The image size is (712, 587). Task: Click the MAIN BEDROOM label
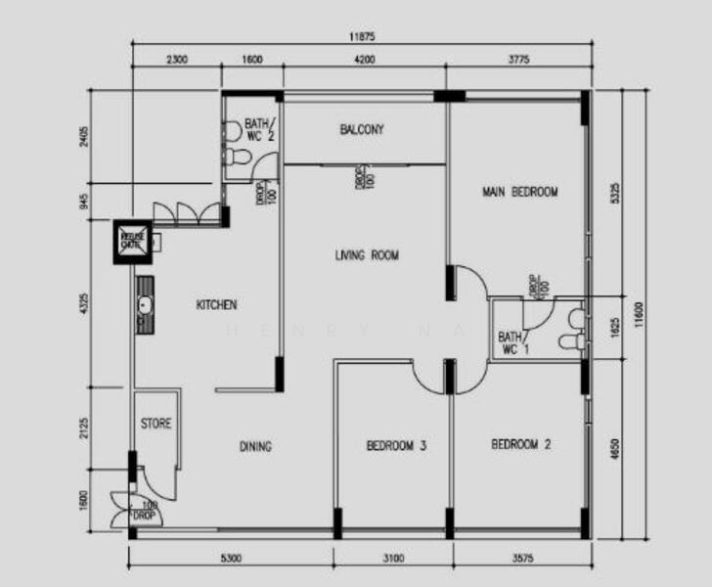[519, 192]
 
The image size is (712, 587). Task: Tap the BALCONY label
[361, 129]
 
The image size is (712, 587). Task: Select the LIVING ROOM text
[367, 255]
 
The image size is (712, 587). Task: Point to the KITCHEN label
[216, 304]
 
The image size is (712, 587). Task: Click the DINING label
[255, 446]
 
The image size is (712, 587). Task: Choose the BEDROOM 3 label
[396, 446]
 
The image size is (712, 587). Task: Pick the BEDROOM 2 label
[520, 444]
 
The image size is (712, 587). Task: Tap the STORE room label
[156, 424]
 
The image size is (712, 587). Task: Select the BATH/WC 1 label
[510, 342]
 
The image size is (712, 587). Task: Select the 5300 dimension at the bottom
[231, 559]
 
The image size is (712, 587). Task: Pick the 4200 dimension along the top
[364, 60]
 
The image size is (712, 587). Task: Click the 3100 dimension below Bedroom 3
[392, 559]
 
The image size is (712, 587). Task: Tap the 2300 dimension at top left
[176, 60]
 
